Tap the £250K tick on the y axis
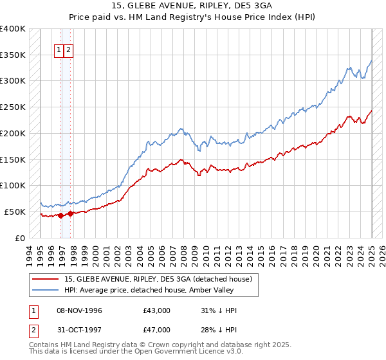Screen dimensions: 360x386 click(x=13, y=107)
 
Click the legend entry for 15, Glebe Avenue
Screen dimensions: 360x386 click(x=161, y=279)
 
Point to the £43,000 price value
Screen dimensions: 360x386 click(x=157, y=310)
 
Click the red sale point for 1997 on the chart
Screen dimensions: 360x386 click(x=70, y=213)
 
